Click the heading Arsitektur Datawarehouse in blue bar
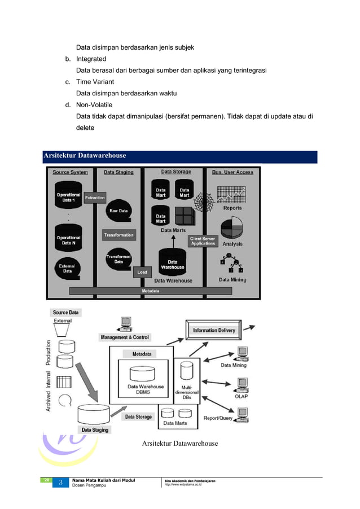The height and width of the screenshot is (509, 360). coord(85,156)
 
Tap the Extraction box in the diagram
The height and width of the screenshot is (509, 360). coord(95,198)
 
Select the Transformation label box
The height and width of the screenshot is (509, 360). coord(118,235)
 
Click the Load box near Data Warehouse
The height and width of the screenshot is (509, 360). coord(142,272)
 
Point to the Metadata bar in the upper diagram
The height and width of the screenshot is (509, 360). coord(150,291)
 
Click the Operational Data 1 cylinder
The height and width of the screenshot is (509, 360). coord(68,196)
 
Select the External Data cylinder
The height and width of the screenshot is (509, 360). coord(67,268)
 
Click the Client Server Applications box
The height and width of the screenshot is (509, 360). coord(203,241)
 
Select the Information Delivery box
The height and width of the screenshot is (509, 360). coord(214,330)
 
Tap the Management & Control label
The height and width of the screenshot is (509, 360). coord(125,337)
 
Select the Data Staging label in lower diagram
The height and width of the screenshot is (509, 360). coord(94,429)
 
